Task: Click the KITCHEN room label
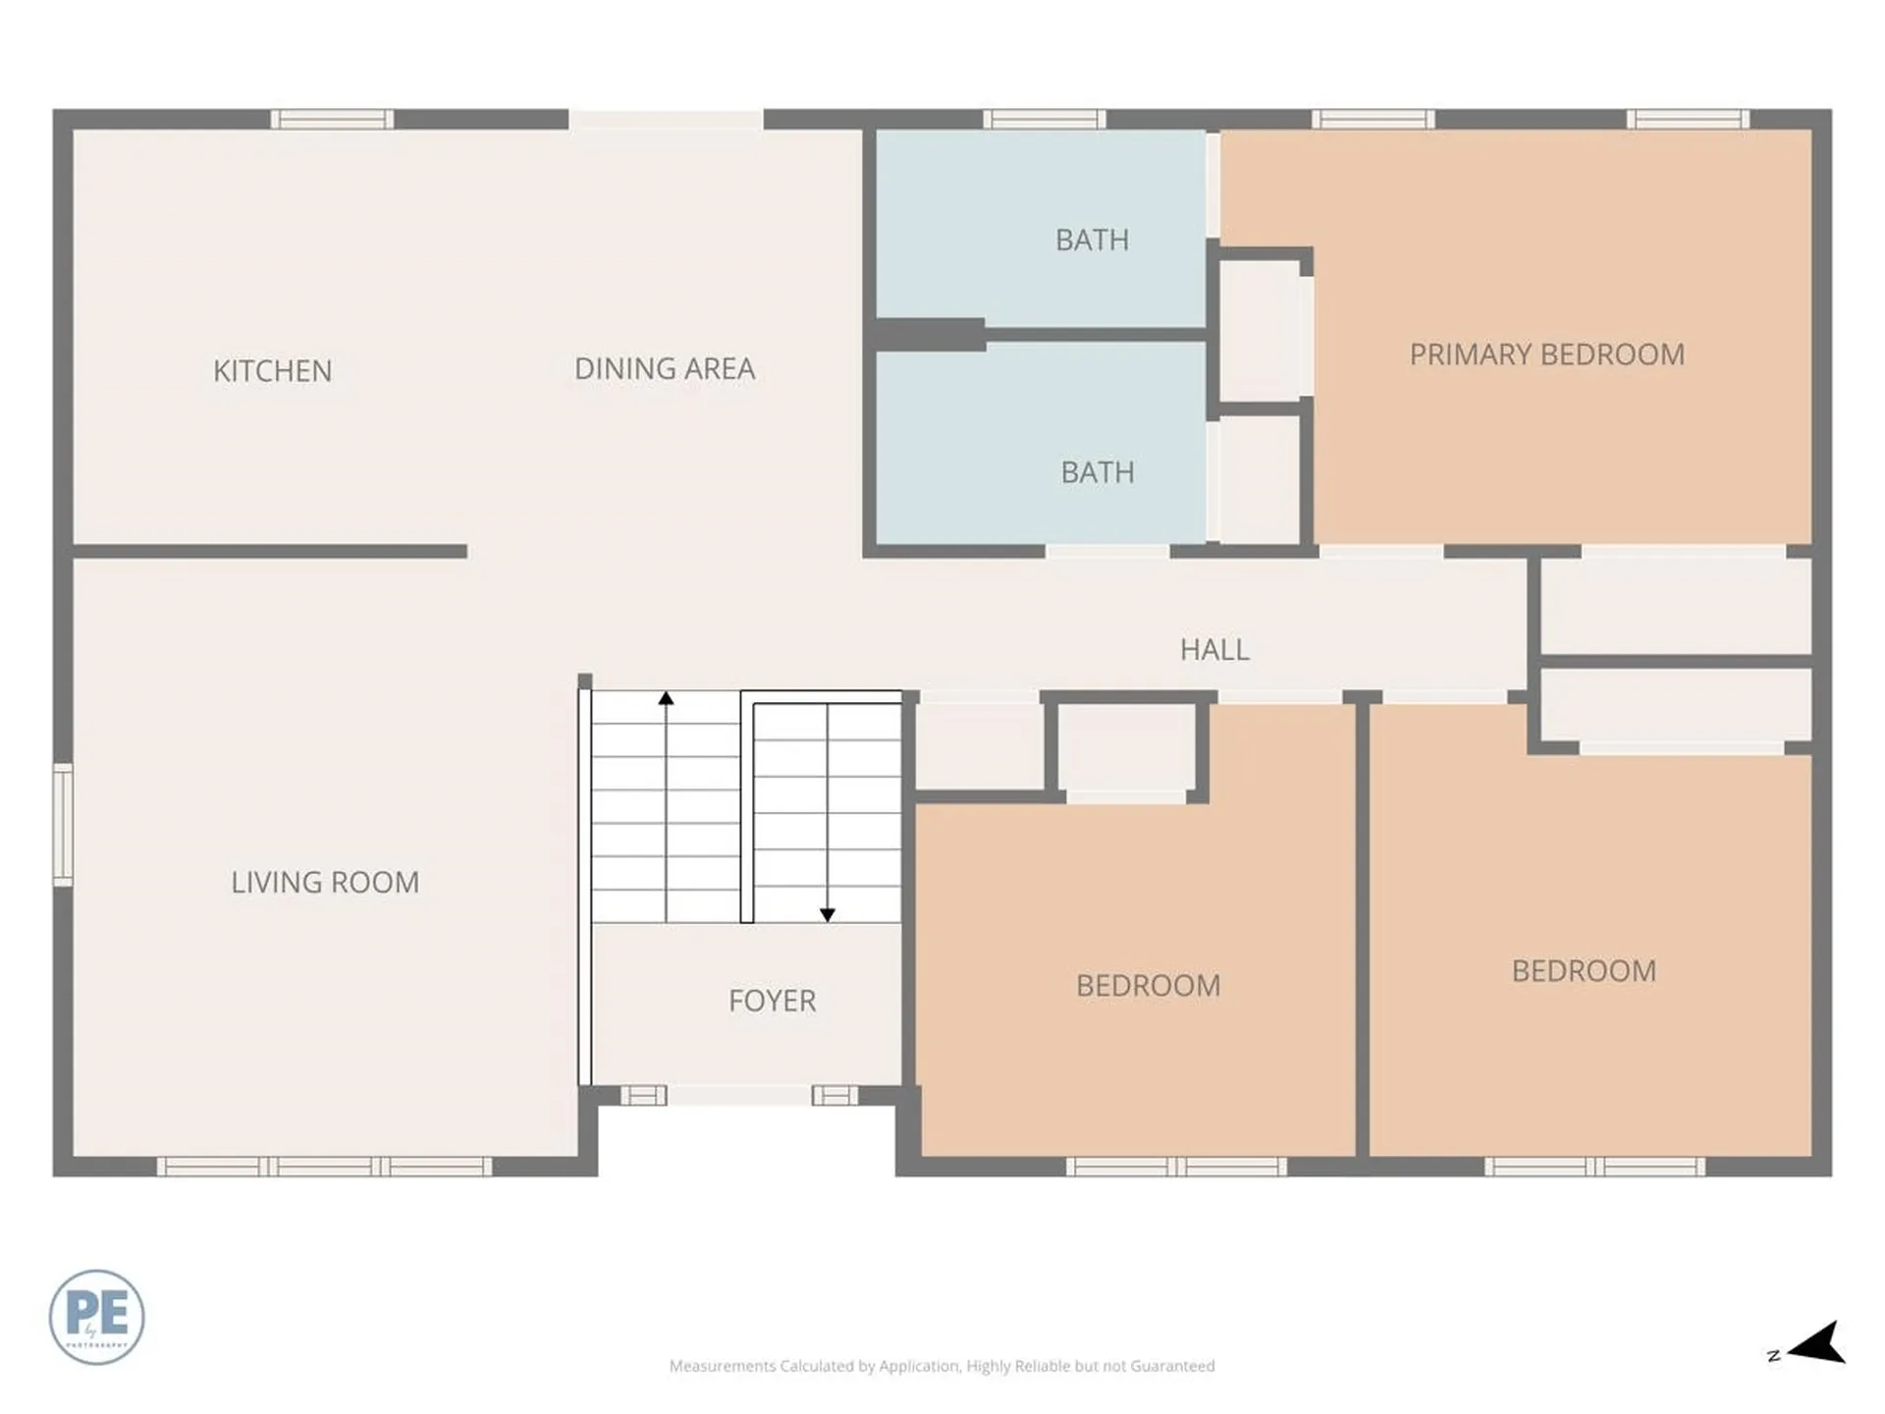[x=272, y=371]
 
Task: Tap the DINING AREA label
[x=665, y=369]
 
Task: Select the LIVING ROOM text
[x=325, y=883]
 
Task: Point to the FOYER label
[x=772, y=1001]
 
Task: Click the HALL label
[x=1214, y=650]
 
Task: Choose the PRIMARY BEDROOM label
[x=1546, y=354]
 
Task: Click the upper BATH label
[x=1092, y=241]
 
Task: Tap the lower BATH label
[x=1098, y=472]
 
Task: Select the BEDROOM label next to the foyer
[x=1148, y=986]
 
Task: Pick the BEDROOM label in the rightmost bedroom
[x=1584, y=971]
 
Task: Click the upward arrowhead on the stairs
[x=666, y=698]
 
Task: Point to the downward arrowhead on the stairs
[x=828, y=914]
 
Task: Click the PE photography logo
[x=96, y=1317]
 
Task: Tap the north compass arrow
[x=1818, y=1343]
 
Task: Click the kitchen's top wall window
[x=332, y=120]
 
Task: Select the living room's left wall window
[x=63, y=825]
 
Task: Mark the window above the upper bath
[x=1044, y=120]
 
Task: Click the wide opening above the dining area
[x=666, y=120]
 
